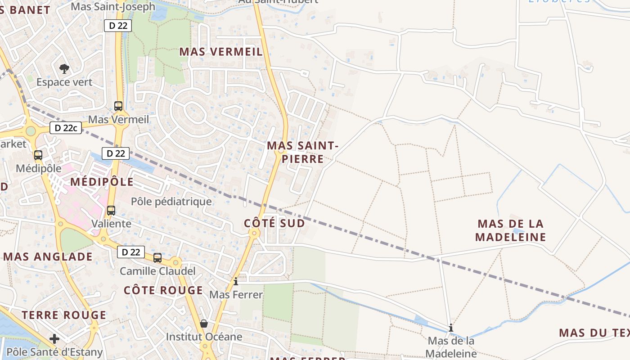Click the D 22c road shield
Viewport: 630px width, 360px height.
point(66,128)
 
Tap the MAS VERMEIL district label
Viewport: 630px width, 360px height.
point(221,52)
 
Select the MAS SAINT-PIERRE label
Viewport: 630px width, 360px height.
point(302,152)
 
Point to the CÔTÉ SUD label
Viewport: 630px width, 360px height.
point(274,223)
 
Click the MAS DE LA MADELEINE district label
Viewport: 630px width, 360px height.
point(510,230)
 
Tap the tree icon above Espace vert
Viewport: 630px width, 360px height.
point(64,69)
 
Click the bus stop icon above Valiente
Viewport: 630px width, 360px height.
point(111,210)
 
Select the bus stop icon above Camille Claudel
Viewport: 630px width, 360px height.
point(157,257)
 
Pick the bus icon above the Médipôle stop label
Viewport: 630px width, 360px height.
point(38,155)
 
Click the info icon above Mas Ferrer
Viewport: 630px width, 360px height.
point(236,282)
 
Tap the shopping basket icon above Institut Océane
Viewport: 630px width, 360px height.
point(204,324)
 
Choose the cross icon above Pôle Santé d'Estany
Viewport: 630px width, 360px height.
point(54,338)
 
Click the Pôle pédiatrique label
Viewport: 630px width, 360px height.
point(171,201)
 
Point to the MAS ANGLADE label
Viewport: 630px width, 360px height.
point(48,257)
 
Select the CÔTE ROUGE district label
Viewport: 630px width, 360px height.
point(163,290)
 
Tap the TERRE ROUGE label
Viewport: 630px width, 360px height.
point(64,315)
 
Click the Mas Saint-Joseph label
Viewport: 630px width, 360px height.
point(113,6)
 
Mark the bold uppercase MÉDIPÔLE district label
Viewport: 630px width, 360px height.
point(102,182)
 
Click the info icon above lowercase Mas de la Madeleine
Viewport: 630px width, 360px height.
point(450,328)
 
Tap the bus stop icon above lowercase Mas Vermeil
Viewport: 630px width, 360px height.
point(118,106)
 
